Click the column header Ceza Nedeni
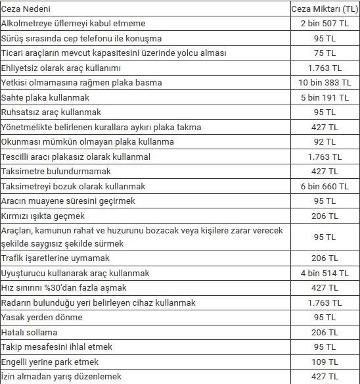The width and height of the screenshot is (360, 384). [26, 9]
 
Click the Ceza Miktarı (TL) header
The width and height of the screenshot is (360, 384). [325, 9]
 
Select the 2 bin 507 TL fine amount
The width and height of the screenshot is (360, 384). [325, 24]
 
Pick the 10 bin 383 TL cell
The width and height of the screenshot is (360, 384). [325, 83]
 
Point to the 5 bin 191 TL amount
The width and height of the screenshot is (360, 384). [325, 97]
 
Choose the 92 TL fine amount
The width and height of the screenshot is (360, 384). [325, 142]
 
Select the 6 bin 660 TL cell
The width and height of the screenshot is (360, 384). [325, 187]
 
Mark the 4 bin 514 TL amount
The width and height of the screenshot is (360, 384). [325, 273]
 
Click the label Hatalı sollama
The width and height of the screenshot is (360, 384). [30, 332]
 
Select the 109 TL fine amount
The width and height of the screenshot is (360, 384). [325, 362]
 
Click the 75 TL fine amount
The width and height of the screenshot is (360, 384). [325, 53]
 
